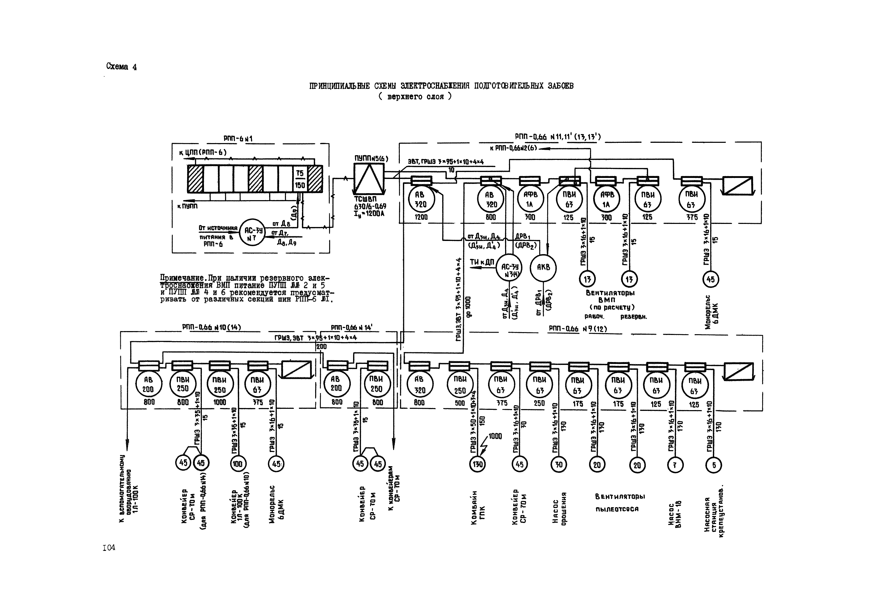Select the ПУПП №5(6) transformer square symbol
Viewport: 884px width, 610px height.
[x=368, y=178]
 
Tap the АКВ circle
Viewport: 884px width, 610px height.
[x=543, y=268]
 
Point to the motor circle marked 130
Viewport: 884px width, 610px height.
[x=477, y=464]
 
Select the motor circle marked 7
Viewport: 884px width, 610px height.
[x=675, y=465]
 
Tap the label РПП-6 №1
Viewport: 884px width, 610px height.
[x=238, y=139]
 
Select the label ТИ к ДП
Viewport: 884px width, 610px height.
[x=482, y=262]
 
